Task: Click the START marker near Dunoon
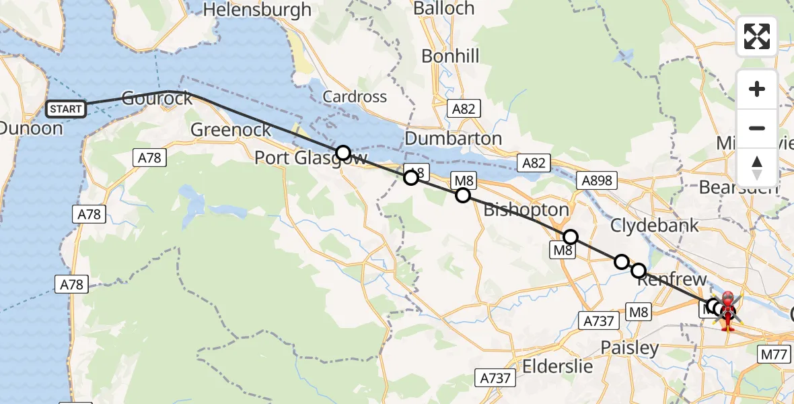(x=66, y=108)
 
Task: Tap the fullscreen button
(x=757, y=36)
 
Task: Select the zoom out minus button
(x=757, y=128)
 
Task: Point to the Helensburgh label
(x=258, y=9)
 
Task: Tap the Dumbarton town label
(x=454, y=139)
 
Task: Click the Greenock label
(x=231, y=129)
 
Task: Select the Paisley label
(x=629, y=348)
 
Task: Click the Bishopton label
(x=526, y=210)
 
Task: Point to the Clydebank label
(x=655, y=225)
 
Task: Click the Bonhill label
(x=450, y=56)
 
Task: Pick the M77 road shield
(x=774, y=354)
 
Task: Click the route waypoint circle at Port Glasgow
(x=343, y=153)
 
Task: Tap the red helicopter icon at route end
(x=727, y=310)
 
